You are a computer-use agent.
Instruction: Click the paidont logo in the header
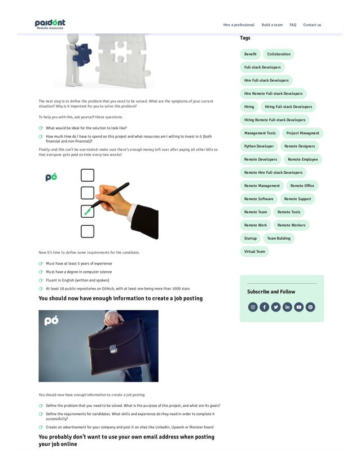tap(50, 24)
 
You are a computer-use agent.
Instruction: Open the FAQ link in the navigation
tap(293, 25)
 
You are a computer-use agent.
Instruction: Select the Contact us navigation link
tap(311, 25)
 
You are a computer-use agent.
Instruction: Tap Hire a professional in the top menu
tap(239, 25)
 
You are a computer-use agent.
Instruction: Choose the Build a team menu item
tap(272, 25)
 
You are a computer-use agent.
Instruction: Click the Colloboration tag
tap(279, 54)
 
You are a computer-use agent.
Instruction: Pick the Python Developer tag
tap(259, 146)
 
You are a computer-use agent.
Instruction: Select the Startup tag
tap(250, 238)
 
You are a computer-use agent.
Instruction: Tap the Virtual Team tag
tap(254, 252)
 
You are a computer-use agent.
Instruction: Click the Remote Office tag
tap(302, 186)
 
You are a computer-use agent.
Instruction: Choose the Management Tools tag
tap(260, 133)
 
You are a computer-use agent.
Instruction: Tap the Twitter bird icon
tap(275, 307)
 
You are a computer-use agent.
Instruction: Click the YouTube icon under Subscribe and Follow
tap(298, 307)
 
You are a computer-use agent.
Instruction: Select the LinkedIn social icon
tap(287, 307)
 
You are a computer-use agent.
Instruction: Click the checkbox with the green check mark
tap(87, 211)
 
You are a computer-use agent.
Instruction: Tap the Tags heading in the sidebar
tap(245, 38)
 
